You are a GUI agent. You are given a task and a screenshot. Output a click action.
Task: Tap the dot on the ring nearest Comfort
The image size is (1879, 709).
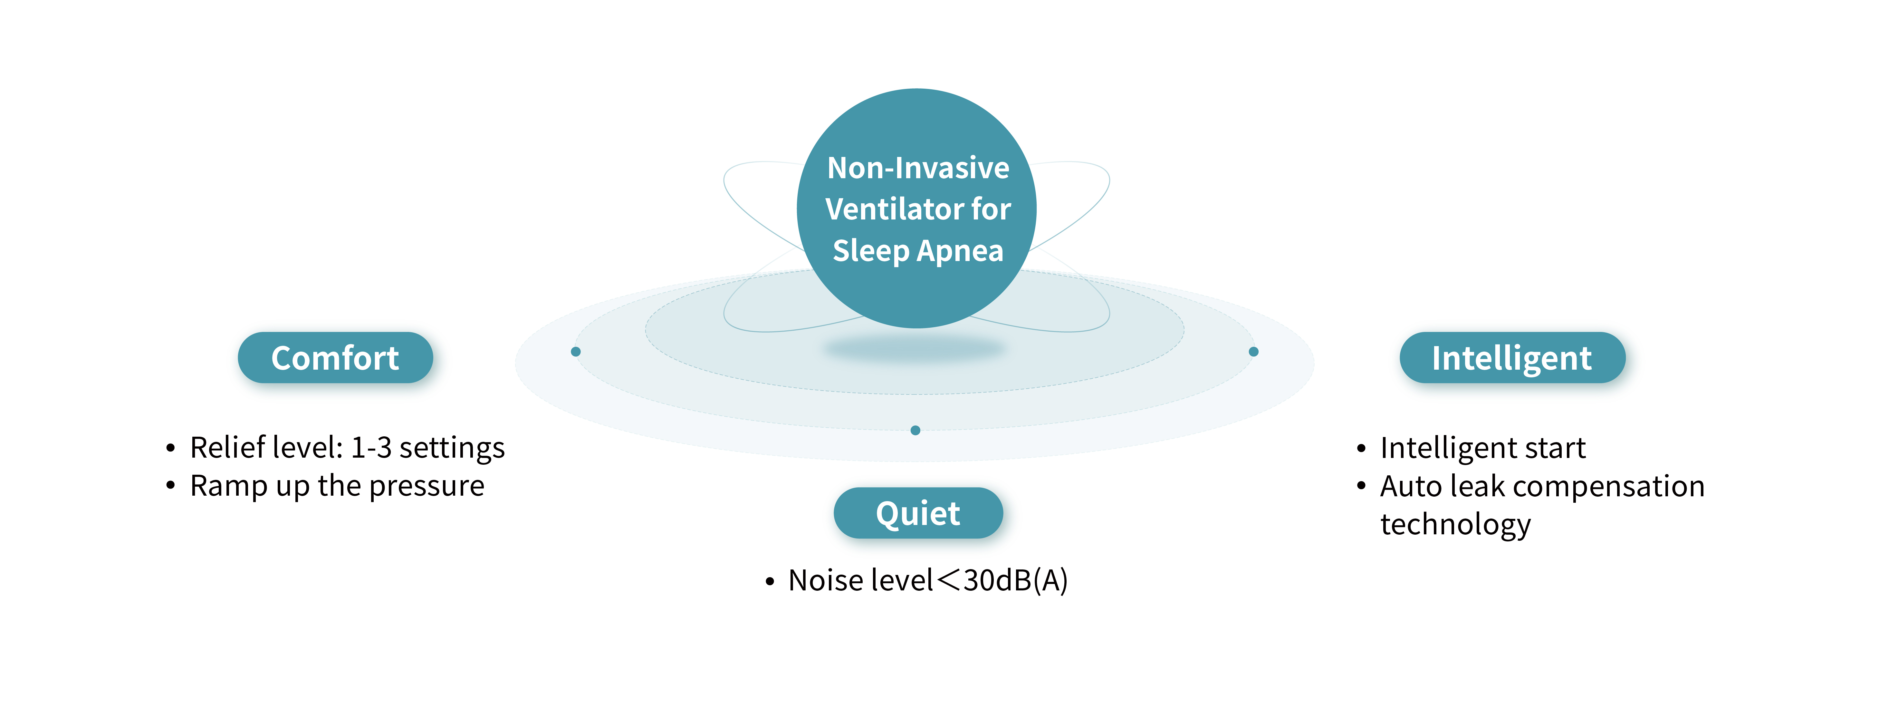[x=576, y=352]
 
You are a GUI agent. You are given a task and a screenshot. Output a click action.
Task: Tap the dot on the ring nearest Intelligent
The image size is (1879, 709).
[x=1253, y=352]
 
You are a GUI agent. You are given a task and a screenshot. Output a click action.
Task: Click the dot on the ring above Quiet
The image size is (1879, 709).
[x=916, y=430]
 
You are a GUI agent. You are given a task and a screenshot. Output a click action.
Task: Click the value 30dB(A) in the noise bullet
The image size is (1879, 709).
[x=1015, y=581]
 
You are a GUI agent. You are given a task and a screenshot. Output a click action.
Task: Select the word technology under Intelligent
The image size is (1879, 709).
[x=1455, y=524]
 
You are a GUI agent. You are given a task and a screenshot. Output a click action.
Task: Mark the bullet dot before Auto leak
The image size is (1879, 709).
[x=1361, y=486]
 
